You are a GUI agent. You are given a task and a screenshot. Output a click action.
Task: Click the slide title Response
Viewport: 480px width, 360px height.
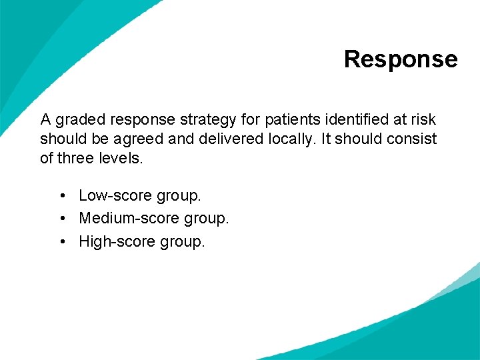[x=401, y=59]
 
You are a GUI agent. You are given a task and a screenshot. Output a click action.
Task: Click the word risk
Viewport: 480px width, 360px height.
[x=424, y=120]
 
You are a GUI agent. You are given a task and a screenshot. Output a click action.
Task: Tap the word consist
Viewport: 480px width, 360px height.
[x=414, y=139]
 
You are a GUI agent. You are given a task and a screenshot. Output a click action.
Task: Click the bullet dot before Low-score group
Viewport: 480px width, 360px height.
[x=61, y=196]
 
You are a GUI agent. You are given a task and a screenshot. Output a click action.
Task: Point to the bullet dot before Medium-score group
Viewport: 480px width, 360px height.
[x=61, y=219]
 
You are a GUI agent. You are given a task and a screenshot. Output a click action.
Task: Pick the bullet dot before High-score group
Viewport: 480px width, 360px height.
[x=61, y=241]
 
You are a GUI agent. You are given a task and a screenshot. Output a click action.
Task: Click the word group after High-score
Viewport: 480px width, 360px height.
[x=182, y=242]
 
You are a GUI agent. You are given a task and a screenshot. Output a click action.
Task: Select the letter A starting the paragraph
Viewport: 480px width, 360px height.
[x=45, y=120]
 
